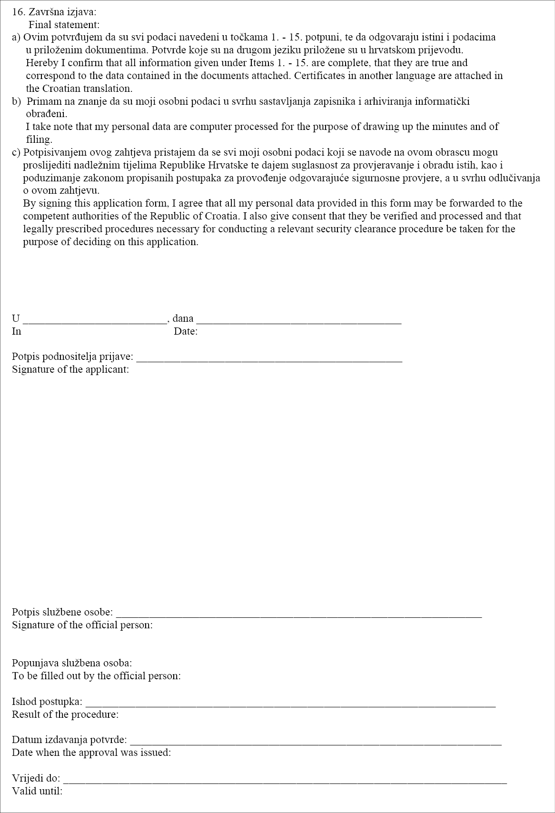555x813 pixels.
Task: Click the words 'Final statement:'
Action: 64,24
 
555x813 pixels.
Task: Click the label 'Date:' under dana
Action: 186,331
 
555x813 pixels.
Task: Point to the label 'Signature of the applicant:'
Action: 70,369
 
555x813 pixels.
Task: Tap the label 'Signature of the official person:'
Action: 82,625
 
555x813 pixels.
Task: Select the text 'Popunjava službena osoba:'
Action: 72,663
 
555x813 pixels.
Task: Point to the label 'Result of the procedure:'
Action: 65,714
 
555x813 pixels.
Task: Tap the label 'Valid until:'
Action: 37,791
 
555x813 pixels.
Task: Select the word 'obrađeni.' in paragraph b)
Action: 47,114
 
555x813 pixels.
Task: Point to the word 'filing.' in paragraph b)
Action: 39,139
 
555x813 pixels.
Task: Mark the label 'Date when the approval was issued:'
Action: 91,753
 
